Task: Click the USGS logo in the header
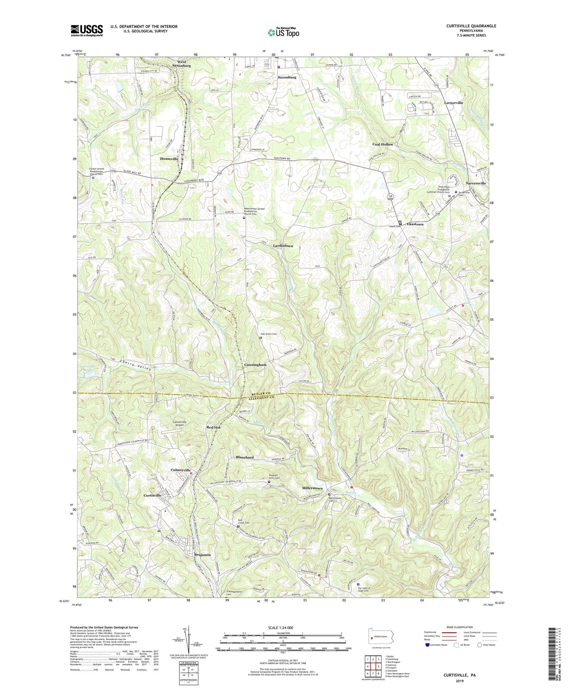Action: (87, 30)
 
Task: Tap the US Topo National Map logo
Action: (283, 32)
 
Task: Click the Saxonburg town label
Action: (287, 77)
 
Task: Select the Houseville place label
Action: (169, 159)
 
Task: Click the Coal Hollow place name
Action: (383, 144)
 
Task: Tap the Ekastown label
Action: (415, 224)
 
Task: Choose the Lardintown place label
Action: (283, 246)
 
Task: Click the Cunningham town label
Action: (255, 365)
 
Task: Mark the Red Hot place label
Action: (213, 427)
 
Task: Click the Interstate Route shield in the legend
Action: (428, 645)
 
